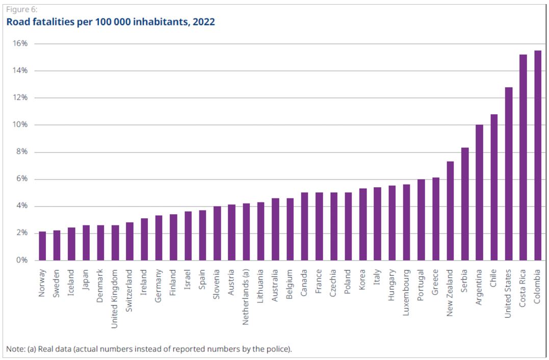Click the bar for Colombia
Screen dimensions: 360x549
(537, 156)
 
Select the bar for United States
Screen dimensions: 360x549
(508, 174)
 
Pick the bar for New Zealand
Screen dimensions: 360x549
(450, 211)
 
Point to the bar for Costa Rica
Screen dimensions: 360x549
(523, 158)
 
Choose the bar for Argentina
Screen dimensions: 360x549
(479, 193)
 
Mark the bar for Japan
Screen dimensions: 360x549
(86, 243)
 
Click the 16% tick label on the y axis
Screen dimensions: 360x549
(20, 43)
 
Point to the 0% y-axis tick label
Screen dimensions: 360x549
(21, 260)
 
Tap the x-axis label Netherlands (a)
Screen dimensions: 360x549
(246, 291)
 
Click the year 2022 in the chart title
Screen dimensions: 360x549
(204, 22)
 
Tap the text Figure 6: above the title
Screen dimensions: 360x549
(22, 10)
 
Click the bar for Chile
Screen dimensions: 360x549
(494, 187)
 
